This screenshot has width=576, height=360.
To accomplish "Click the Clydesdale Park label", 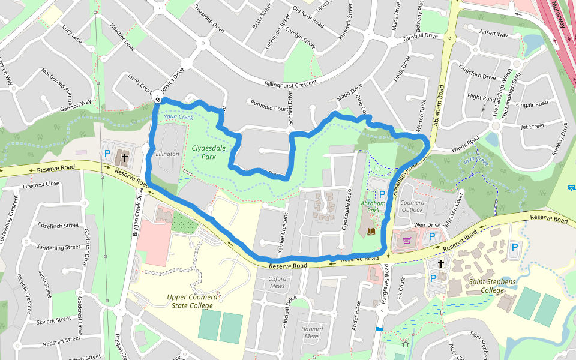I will pyautogui.click(x=204, y=152).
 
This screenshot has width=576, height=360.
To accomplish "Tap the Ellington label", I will pyautogui.click(x=167, y=154).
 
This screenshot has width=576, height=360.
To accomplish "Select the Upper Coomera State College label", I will pyautogui.click(x=190, y=302).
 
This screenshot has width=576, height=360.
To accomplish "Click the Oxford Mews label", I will pyautogui.click(x=277, y=282).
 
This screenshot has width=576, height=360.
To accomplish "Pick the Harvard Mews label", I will pyautogui.click(x=312, y=332).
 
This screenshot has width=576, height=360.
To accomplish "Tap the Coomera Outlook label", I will pyautogui.click(x=412, y=206).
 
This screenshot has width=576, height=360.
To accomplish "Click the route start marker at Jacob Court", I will pyautogui.click(x=157, y=100).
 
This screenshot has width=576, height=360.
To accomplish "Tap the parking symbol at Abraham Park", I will pyautogui.click(x=382, y=194).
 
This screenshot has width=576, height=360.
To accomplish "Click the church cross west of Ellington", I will pyautogui.click(x=125, y=158).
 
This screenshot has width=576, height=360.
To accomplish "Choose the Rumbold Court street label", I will pyautogui.click(x=269, y=107).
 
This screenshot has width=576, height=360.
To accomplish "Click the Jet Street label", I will pyautogui.click(x=532, y=126).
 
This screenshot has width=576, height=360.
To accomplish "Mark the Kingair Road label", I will pyautogui.click(x=532, y=103).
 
